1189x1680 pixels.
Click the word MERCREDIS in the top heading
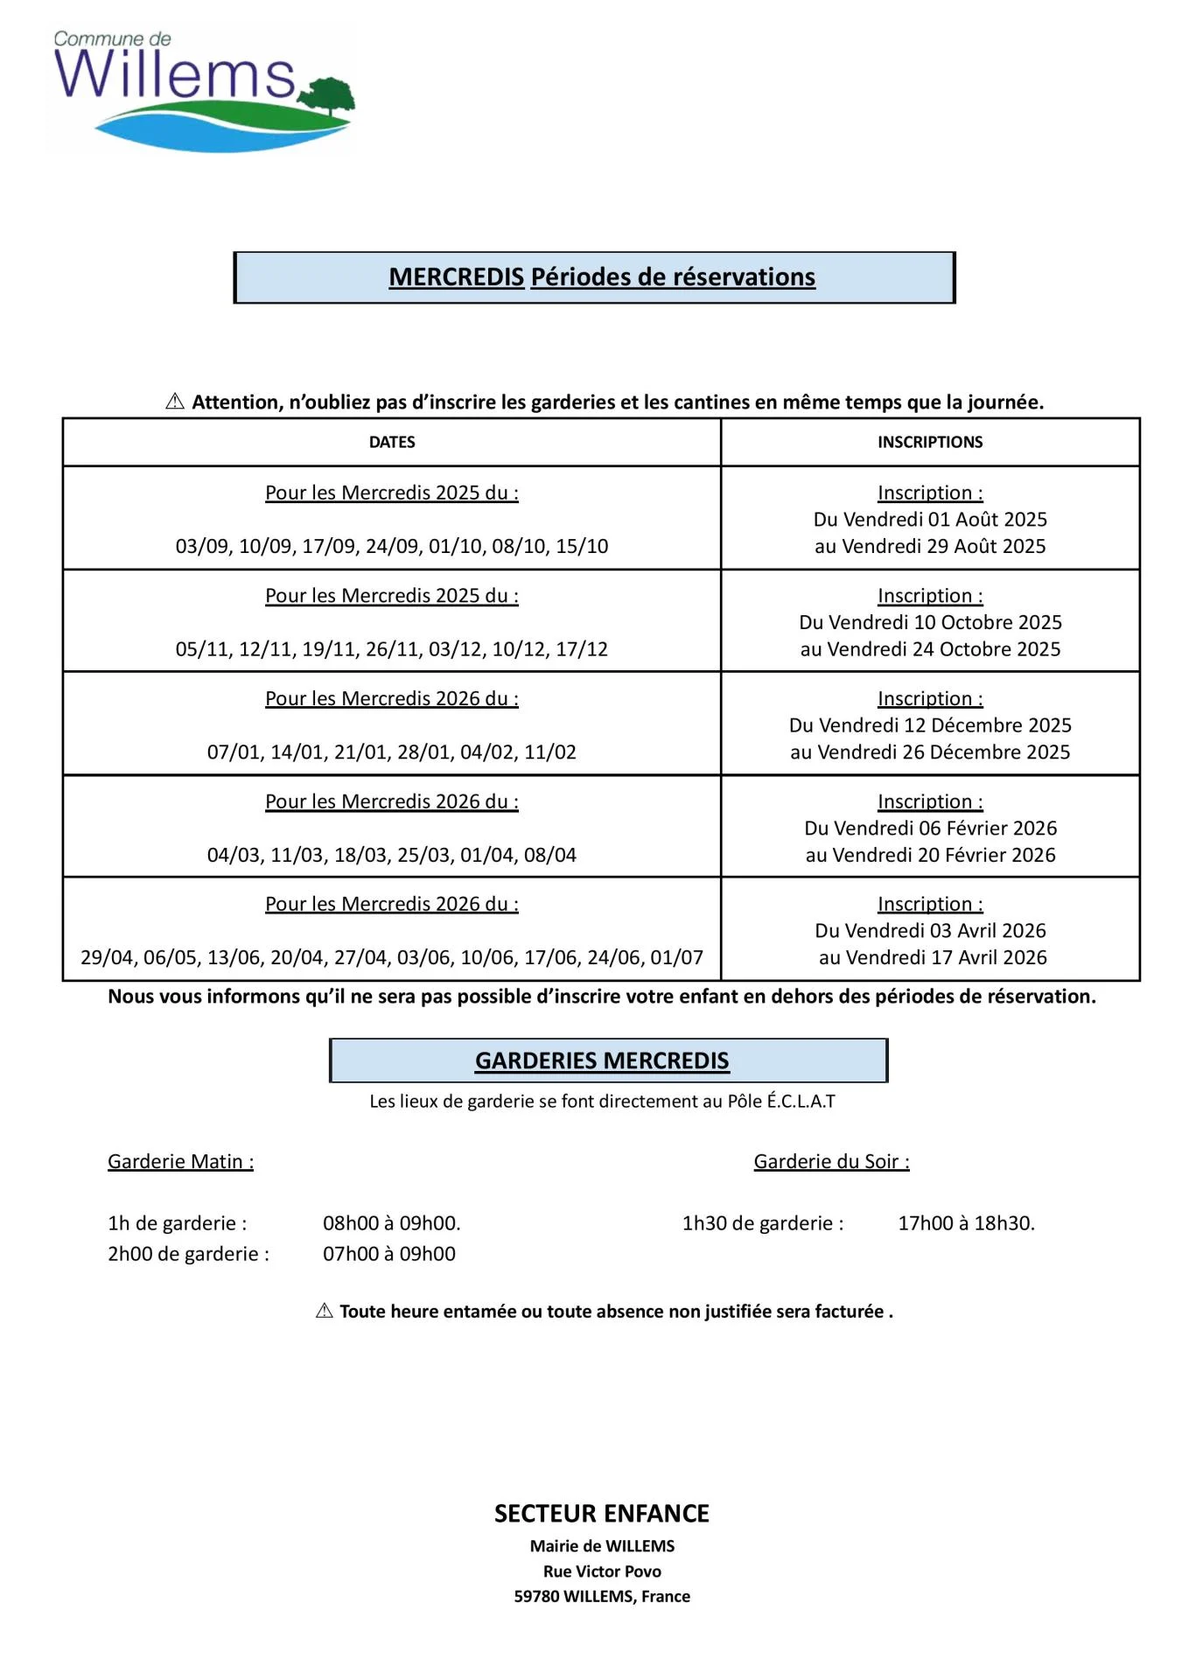click(x=456, y=277)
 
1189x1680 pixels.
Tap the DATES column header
click(x=392, y=443)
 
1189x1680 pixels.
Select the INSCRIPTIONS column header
click(x=930, y=443)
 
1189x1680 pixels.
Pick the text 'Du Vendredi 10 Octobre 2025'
click(x=930, y=623)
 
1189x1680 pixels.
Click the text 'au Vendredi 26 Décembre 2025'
click(x=930, y=752)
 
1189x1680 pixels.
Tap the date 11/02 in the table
click(x=550, y=752)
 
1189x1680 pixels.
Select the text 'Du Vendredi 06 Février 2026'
click(x=930, y=829)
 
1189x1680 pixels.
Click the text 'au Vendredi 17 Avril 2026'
click(x=933, y=958)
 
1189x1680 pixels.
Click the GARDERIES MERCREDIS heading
click(x=602, y=1061)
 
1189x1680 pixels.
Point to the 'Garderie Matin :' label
click(x=180, y=1162)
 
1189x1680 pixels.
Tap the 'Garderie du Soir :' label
click(x=831, y=1162)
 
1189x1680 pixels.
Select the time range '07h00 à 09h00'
click(x=389, y=1254)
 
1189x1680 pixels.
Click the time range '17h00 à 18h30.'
click(x=966, y=1223)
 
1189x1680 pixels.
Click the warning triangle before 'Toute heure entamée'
click(x=325, y=1311)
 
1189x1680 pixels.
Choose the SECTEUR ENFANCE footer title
click(x=602, y=1514)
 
